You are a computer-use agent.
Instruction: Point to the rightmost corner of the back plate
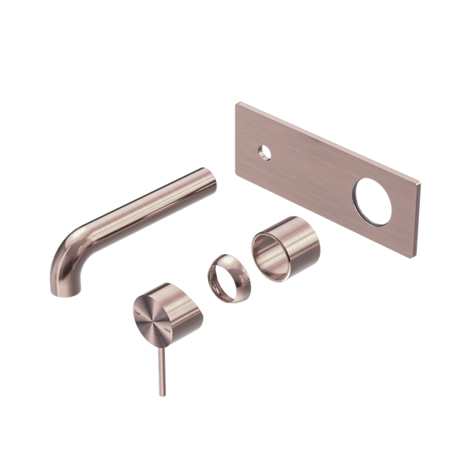423,186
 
